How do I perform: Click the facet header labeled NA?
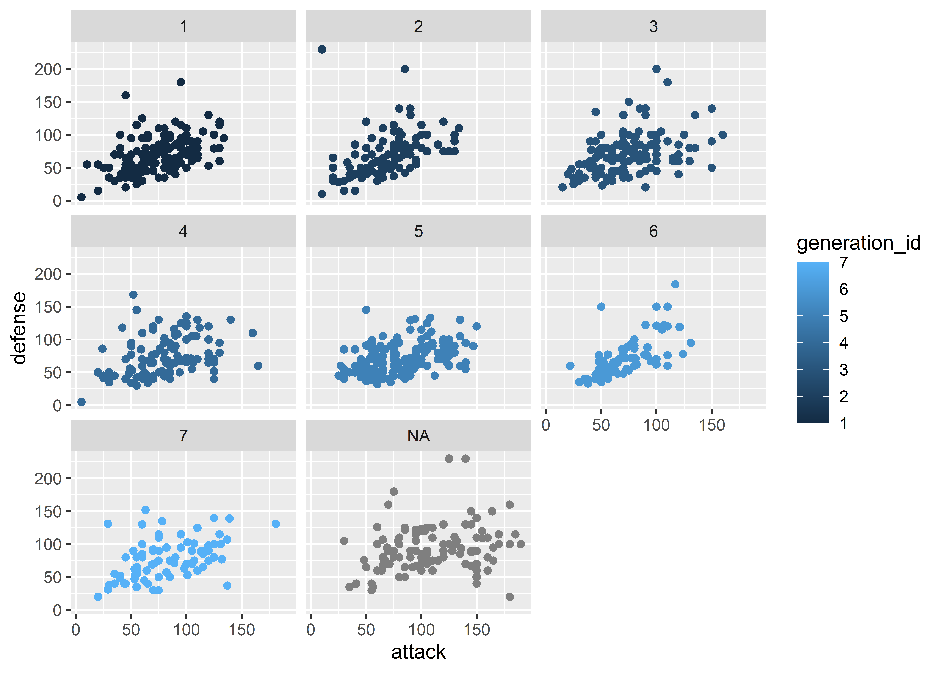(x=418, y=436)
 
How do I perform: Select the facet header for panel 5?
(x=418, y=231)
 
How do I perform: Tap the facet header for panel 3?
(x=653, y=26)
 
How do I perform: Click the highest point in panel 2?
(x=322, y=49)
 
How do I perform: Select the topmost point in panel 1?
(x=181, y=82)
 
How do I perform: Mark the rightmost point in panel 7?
(x=276, y=524)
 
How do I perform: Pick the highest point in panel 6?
(x=675, y=284)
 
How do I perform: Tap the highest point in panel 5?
(x=366, y=310)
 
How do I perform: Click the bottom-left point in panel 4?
(x=82, y=402)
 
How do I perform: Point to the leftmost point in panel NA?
(x=344, y=541)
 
